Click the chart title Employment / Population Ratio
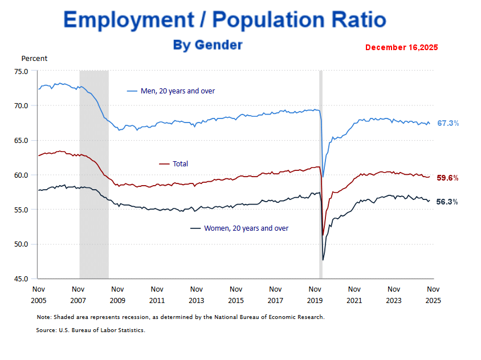click(x=225, y=20)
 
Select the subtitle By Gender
click(x=207, y=45)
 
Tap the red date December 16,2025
click(x=401, y=47)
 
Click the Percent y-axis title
click(x=34, y=58)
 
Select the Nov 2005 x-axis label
click(x=38, y=294)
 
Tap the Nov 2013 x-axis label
click(x=196, y=294)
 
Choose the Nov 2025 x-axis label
click(x=433, y=294)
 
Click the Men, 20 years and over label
click(x=177, y=91)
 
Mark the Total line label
click(x=180, y=164)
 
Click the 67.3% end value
click(x=448, y=123)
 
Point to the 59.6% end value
click(x=448, y=178)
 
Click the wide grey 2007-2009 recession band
click(x=94, y=171)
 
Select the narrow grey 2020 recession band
click(x=320, y=171)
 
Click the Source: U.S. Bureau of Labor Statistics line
click(x=91, y=330)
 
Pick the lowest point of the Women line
click(x=323, y=260)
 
